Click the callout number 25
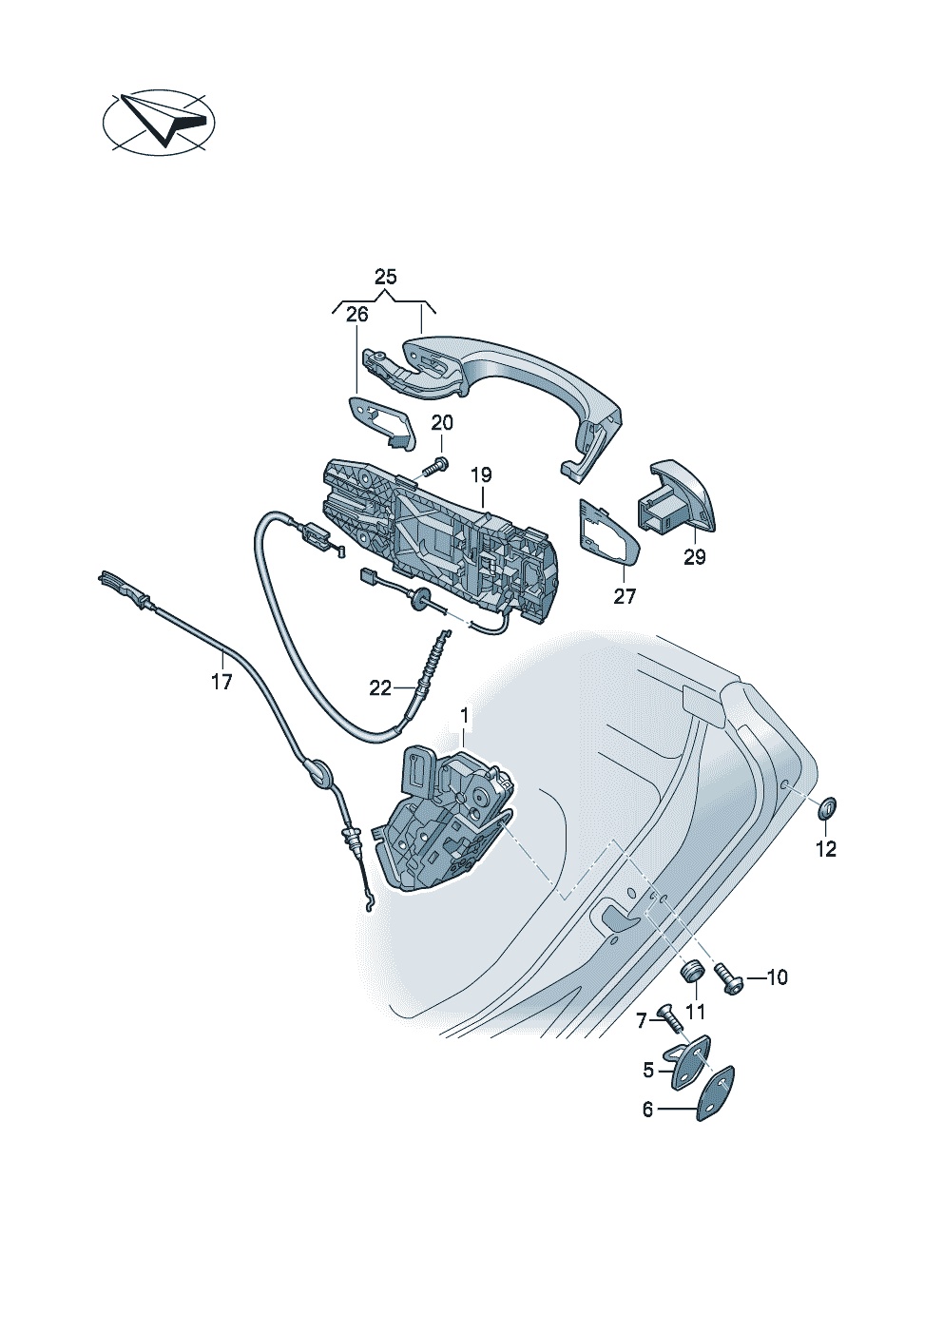386,277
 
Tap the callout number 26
357,315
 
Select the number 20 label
442,423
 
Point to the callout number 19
481,475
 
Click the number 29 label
695,557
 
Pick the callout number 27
625,595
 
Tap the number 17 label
221,682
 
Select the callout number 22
380,688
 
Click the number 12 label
826,849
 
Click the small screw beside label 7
669,1017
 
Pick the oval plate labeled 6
715,1093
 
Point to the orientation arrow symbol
159,123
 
